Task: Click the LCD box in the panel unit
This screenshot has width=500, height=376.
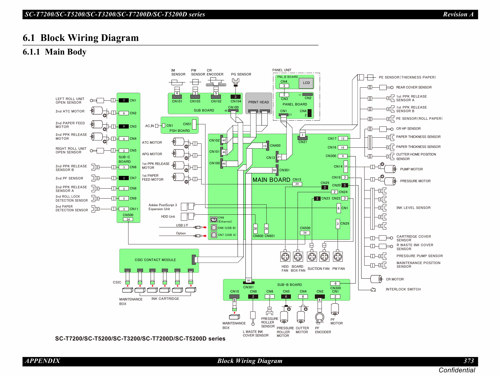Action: coord(306,83)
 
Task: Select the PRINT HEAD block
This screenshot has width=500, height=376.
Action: coord(258,102)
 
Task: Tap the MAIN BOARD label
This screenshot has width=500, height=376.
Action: coord(271,180)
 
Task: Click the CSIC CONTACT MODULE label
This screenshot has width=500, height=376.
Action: coord(155,260)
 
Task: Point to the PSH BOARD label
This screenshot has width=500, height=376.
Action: coord(179,131)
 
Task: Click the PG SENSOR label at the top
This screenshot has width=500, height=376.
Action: coord(241,74)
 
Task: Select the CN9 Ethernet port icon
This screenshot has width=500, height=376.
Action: coord(214,220)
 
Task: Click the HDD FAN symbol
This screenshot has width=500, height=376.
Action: coord(285,257)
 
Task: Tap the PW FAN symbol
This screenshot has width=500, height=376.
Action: coord(338,257)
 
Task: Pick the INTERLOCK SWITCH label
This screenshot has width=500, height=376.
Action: coord(403,289)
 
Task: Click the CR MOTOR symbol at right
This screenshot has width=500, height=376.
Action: coord(376,279)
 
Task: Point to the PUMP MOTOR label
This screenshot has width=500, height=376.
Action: coord(411,169)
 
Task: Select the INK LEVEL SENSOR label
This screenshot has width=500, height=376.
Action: coord(413,208)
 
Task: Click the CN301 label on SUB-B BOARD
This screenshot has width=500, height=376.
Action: coord(248,287)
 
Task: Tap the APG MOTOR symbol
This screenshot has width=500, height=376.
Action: coord(179,153)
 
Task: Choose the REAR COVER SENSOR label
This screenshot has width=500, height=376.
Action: coord(414,87)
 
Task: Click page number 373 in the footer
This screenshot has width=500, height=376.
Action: coord(468,361)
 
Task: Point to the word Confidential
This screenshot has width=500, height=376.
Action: coord(457,370)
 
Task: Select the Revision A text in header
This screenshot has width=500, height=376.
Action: coord(458,14)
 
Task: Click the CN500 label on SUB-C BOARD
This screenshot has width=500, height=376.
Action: coord(128,215)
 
